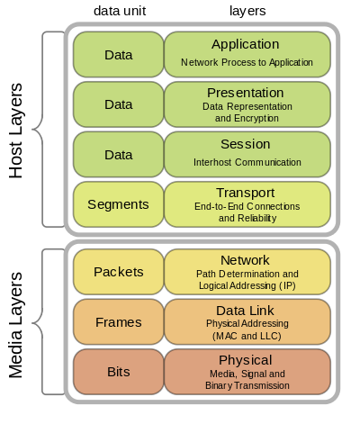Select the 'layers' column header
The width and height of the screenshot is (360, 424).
(246, 10)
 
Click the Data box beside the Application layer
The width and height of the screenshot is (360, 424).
(118, 54)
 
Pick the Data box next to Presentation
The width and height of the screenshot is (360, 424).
(118, 104)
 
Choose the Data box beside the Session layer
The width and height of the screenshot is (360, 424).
(118, 154)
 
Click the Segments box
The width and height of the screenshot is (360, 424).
(118, 204)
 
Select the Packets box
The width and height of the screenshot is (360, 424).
(118, 272)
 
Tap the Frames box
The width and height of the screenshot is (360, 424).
(118, 321)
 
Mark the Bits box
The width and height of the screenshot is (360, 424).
(118, 371)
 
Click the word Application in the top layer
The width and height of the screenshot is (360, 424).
(246, 44)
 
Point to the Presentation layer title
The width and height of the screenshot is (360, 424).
(246, 93)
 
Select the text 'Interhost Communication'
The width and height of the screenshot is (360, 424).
(247, 162)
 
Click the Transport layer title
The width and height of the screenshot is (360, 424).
(246, 193)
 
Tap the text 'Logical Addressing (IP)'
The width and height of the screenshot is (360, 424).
(247, 284)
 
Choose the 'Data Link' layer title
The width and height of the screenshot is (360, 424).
(246, 310)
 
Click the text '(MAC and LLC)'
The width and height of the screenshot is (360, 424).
(247, 335)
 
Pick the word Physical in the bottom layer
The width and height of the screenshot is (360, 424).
(246, 360)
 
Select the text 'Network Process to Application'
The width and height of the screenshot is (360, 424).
(247, 63)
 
